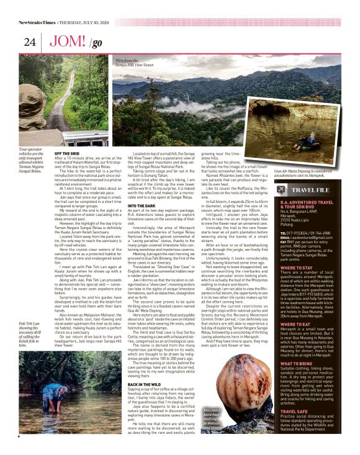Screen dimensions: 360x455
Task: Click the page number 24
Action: point(29,42)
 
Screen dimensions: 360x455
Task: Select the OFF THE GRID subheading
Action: point(67,153)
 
